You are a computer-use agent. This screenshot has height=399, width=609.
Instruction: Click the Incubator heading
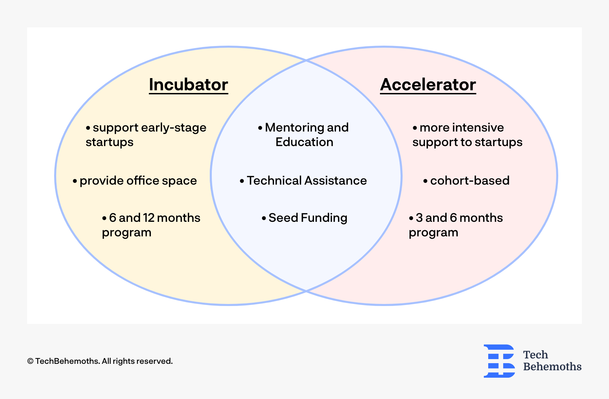click(188, 85)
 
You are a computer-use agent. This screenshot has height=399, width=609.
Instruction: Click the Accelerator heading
click(428, 85)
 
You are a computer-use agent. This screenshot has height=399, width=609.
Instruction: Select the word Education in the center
click(304, 142)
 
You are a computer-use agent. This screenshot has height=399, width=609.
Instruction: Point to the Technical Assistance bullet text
click(307, 181)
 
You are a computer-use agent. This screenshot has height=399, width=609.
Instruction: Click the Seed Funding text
click(308, 218)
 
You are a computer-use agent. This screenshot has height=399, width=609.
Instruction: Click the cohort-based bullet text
click(470, 181)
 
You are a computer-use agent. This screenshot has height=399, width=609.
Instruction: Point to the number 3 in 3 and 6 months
click(419, 218)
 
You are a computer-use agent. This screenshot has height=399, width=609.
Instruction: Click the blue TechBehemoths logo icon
click(499, 361)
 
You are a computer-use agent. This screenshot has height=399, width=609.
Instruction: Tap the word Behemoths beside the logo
click(552, 367)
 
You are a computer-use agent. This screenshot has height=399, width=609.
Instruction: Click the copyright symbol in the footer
click(30, 361)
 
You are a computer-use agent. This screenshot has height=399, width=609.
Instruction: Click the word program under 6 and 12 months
click(127, 233)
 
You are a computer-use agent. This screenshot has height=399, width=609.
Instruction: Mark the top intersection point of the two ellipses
click(306, 61)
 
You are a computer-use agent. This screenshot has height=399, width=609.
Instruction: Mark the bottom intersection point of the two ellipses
click(306, 290)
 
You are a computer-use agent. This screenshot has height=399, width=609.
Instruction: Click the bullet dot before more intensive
click(415, 128)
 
